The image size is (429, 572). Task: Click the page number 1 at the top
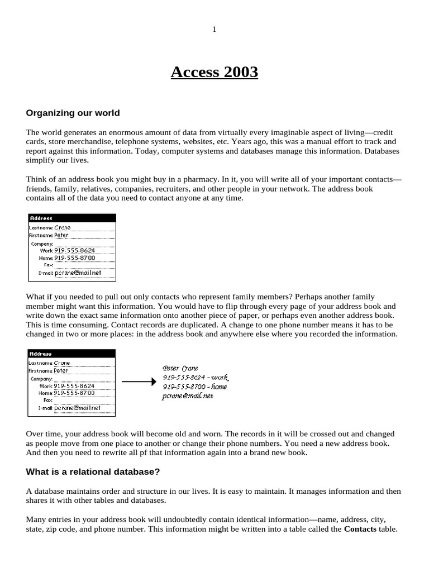[x=214, y=30]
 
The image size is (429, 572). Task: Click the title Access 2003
[x=214, y=72]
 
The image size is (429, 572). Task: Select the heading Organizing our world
[x=73, y=113]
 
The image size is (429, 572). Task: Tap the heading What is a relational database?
[x=93, y=472]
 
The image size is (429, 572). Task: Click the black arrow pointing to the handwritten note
[x=137, y=382]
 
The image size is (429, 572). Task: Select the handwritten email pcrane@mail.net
[x=188, y=396]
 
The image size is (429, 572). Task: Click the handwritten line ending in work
[x=195, y=378]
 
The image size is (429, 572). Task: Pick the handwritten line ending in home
[x=194, y=387]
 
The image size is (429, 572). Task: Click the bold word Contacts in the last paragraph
[x=360, y=529]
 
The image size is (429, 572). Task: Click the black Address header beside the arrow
[x=71, y=354]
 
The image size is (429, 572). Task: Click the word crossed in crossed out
[x=296, y=433]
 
